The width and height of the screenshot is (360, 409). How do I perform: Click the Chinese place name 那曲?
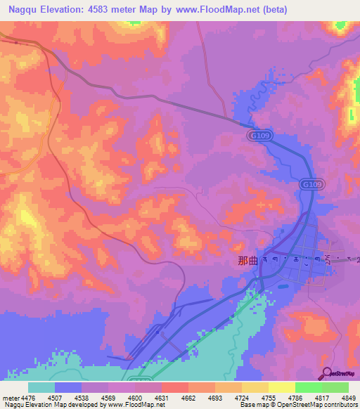[x=248, y=259]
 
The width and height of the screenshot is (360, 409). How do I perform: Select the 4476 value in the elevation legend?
[x=22, y=398]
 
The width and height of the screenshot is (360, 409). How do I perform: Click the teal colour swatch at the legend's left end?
[x=41, y=387]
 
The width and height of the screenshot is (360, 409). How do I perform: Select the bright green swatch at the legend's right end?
[x=335, y=387]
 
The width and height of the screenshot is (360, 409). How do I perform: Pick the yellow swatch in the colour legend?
[x=281, y=387]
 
